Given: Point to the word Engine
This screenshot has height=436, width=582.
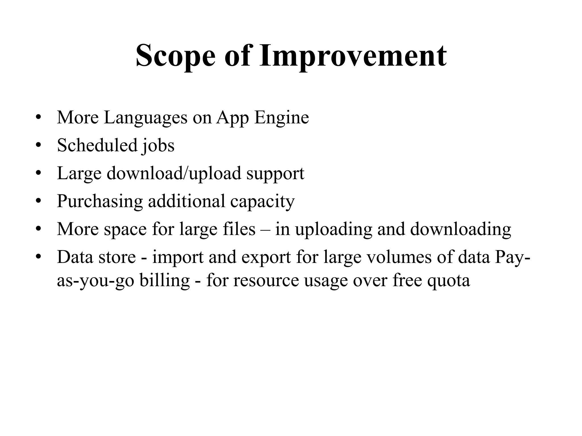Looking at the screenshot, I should (281, 118).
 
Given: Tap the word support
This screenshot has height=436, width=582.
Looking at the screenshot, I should (275, 174).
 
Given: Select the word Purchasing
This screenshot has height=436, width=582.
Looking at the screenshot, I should (100, 201).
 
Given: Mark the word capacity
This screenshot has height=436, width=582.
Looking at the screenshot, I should (262, 201).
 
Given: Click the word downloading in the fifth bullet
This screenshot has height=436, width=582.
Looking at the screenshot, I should (461, 229).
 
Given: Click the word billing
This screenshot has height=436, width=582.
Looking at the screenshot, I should (165, 280).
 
